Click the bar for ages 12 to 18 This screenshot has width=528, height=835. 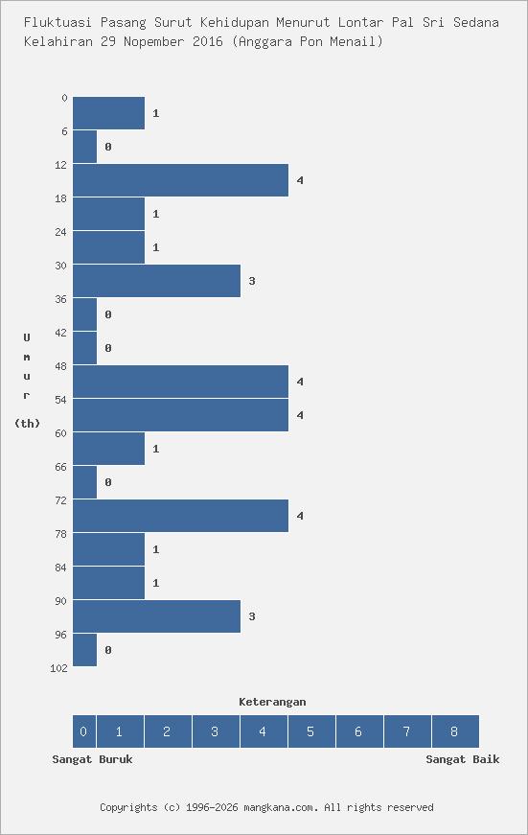click(180, 180)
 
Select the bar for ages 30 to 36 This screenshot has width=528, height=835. click(156, 281)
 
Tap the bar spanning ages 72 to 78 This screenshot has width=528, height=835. click(180, 516)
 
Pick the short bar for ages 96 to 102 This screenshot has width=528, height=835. click(84, 650)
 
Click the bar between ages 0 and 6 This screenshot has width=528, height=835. click(108, 113)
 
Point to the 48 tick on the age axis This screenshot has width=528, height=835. click(61, 366)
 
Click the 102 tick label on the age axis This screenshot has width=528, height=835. click(58, 668)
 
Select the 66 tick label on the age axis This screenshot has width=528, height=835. click(61, 467)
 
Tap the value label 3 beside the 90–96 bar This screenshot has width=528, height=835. click(252, 616)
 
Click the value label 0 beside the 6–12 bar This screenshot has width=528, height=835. click(108, 147)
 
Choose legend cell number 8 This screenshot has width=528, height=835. click(454, 731)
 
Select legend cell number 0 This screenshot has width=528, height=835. click(83, 731)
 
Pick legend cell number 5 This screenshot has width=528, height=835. click(310, 731)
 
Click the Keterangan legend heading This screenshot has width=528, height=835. click(272, 702)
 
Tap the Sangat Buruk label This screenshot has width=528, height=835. click(92, 759)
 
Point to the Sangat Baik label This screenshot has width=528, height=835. click(463, 759)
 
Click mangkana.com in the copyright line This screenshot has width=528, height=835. click(279, 807)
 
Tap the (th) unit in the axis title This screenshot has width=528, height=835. click(27, 423)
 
